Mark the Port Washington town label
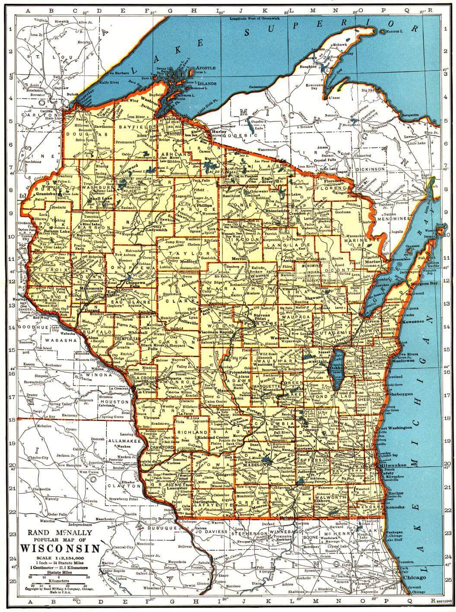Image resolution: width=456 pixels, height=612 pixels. (395, 428)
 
